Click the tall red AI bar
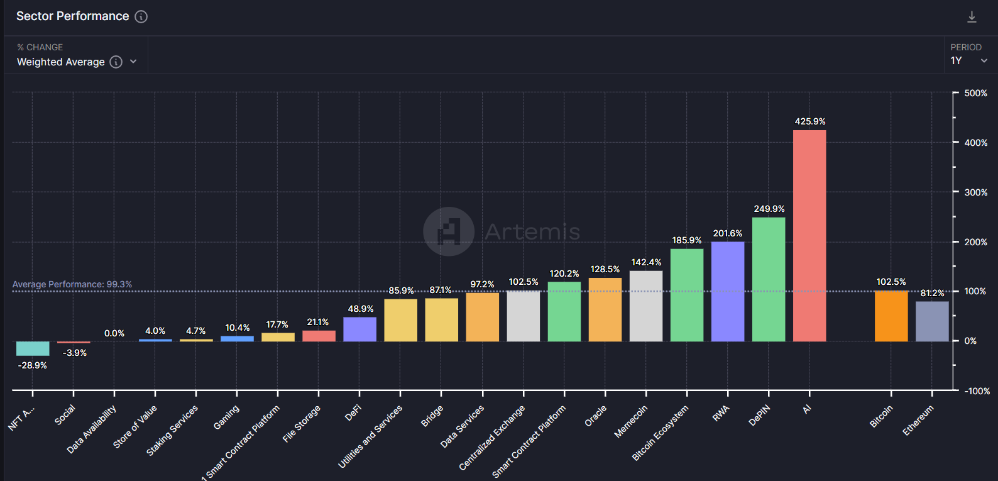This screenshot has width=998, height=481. pyautogui.click(x=809, y=236)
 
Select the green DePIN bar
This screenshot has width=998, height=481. pyautogui.click(x=769, y=280)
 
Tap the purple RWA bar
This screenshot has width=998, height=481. pyautogui.click(x=728, y=292)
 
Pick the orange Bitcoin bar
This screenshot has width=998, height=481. pyautogui.click(x=891, y=316)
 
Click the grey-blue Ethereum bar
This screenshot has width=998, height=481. pyautogui.click(x=932, y=321)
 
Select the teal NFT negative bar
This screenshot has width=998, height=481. pyautogui.click(x=33, y=348)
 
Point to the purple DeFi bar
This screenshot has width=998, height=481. pyautogui.click(x=359, y=329)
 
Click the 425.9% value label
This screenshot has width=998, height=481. pyautogui.click(x=810, y=121)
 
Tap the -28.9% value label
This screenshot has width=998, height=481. pyautogui.click(x=33, y=365)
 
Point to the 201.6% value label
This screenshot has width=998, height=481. pyautogui.click(x=728, y=233)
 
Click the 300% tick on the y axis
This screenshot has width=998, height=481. pyautogui.click(x=975, y=192)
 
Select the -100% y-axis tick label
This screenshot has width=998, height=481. pyautogui.click(x=977, y=391)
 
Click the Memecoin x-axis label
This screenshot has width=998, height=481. pyautogui.click(x=630, y=421)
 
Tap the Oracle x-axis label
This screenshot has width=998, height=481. pyautogui.click(x=595, y=416)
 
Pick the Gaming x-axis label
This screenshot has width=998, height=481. pyautogui.click(x=226, y=417)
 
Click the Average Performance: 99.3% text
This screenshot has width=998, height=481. pyautogui.click(x=72, y=284)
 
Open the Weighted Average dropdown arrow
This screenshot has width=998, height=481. pyautogui.click(x=133, y=62)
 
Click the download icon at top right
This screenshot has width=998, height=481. pyautogui.click(x=972, y=17)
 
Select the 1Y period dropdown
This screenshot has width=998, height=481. pyautogui.click(x=968, y=61)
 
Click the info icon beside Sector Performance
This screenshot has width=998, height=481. pyautogui.click(x=141, y=17)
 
